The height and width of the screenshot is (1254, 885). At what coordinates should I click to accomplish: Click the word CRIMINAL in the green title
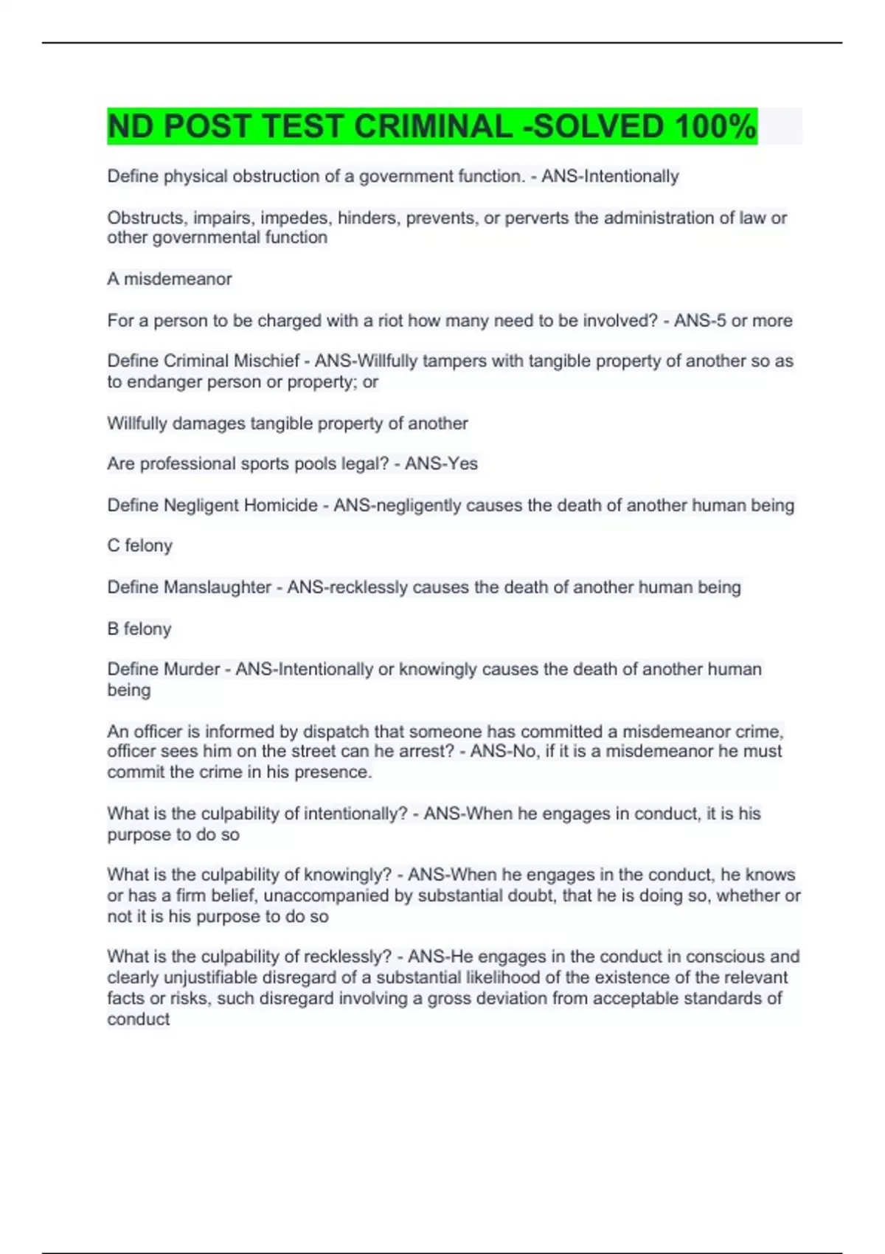point(433,126)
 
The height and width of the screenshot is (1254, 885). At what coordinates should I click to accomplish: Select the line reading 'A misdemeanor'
point(170,279)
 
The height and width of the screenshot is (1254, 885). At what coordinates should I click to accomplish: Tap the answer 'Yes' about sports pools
point(463,464)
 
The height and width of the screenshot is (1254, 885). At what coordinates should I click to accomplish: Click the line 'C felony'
point(140,546)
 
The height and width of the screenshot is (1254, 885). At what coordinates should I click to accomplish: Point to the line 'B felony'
point(139,628)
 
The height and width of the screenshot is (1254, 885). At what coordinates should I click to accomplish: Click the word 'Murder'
point(192,669)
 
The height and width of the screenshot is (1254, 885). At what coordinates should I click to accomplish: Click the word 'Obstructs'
point(146,218)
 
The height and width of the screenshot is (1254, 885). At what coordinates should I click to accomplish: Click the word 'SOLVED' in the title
point(597,126)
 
